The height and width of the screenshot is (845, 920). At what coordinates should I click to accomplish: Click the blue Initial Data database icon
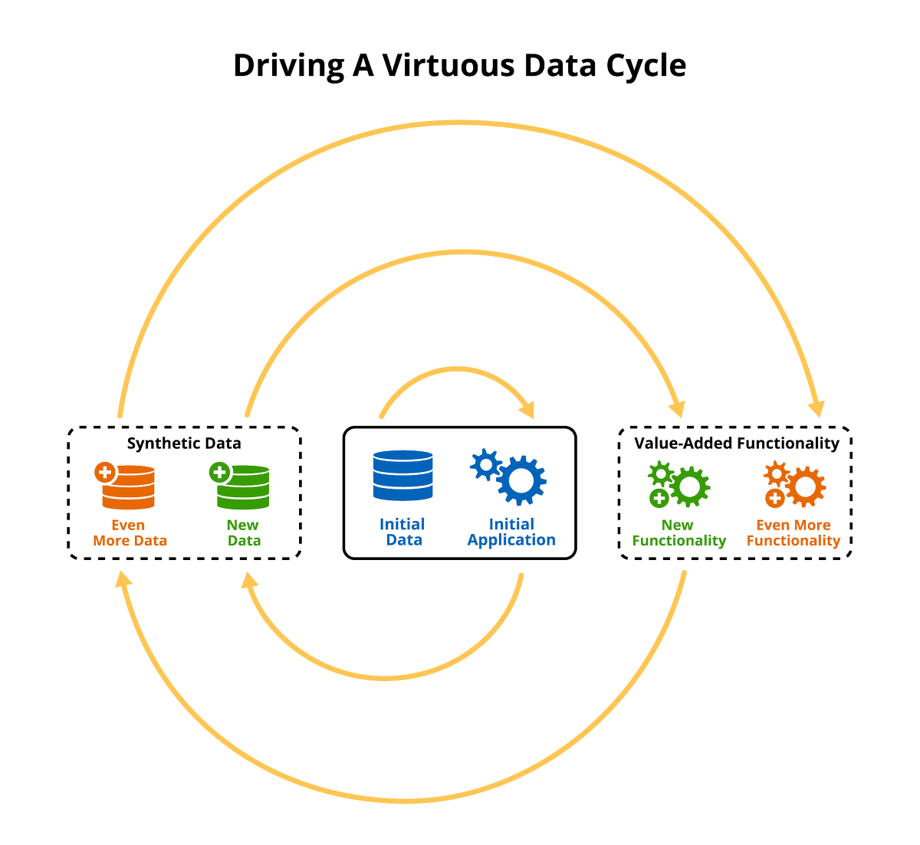[x=402, y=476]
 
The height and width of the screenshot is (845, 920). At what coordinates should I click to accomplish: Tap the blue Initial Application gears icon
[x=509, y=478]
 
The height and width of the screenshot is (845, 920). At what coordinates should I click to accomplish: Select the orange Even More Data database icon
[x=128, y=488]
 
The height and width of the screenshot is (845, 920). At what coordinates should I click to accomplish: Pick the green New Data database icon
[x=243, y=488]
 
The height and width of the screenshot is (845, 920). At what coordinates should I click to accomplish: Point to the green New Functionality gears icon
[x=679, y=485]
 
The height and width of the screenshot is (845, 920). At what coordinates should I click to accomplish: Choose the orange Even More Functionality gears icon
[x=794, y=485]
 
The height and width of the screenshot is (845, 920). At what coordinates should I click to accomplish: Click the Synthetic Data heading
[x=184, y=444]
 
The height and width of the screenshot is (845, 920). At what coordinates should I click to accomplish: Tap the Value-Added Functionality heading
[x=737, y=444]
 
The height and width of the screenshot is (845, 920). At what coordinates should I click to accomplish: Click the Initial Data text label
[x=402, y=532]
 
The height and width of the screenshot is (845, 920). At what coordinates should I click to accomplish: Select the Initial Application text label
[x=511, y=532]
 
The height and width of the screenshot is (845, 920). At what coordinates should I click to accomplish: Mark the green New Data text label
[x=244, y=532]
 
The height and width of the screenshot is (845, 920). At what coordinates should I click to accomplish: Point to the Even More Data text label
[x=130, y=532]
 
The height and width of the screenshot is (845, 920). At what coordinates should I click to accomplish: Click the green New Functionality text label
[x=678, y=532]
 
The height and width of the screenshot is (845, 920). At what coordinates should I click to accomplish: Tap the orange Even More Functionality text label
[x=793, y=532]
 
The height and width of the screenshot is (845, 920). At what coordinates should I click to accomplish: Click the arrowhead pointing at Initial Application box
[x=526, y=409]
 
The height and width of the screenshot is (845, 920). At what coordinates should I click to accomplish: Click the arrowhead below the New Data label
[x=249, y=581]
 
